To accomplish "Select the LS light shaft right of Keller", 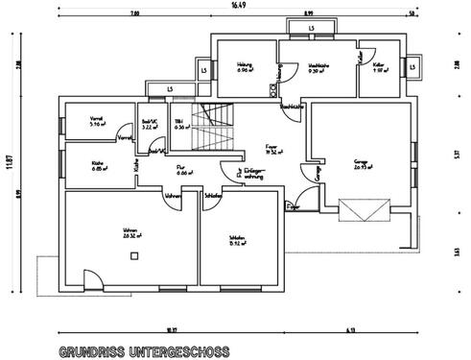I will point(412,68).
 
